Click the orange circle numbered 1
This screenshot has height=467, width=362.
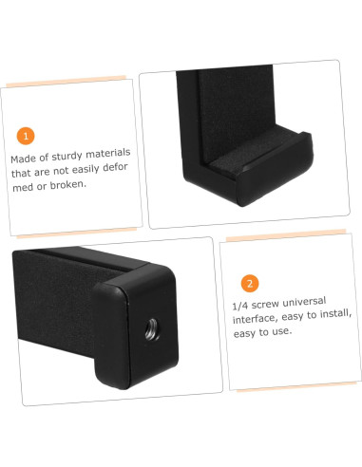26,136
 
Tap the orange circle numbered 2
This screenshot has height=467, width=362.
249,283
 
